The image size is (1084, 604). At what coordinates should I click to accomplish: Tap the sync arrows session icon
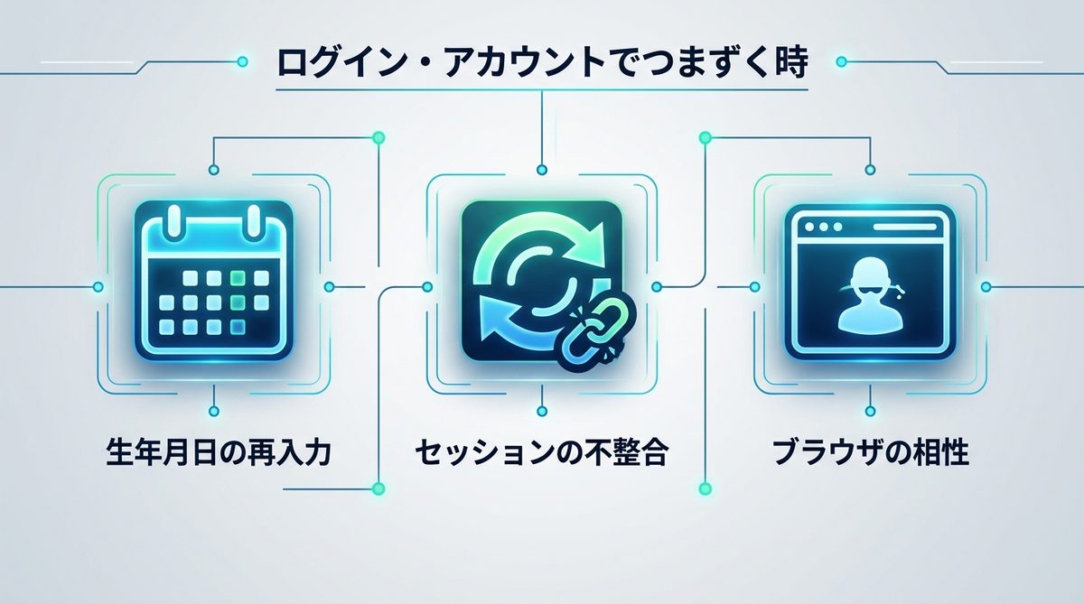(542, 282)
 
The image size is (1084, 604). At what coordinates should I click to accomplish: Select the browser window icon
(871, 282)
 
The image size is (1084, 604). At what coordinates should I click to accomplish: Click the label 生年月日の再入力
(219, 451)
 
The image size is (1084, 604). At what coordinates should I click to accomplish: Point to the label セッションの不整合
(542, 451)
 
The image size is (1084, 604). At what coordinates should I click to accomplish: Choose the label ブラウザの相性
(870, 451)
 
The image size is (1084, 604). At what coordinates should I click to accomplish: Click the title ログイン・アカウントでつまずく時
(542, 62)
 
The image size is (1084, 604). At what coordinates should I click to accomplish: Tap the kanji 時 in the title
(789, 62)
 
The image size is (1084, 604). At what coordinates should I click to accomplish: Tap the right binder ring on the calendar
(254, 222)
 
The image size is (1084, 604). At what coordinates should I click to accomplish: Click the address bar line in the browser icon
(905, 227)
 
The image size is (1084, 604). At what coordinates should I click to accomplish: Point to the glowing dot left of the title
(242, 62)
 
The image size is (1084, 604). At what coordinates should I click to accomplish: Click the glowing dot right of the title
(842, 62)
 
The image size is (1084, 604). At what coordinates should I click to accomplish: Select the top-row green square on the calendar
(238, 278)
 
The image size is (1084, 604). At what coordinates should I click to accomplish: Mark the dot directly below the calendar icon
(214, 412)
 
